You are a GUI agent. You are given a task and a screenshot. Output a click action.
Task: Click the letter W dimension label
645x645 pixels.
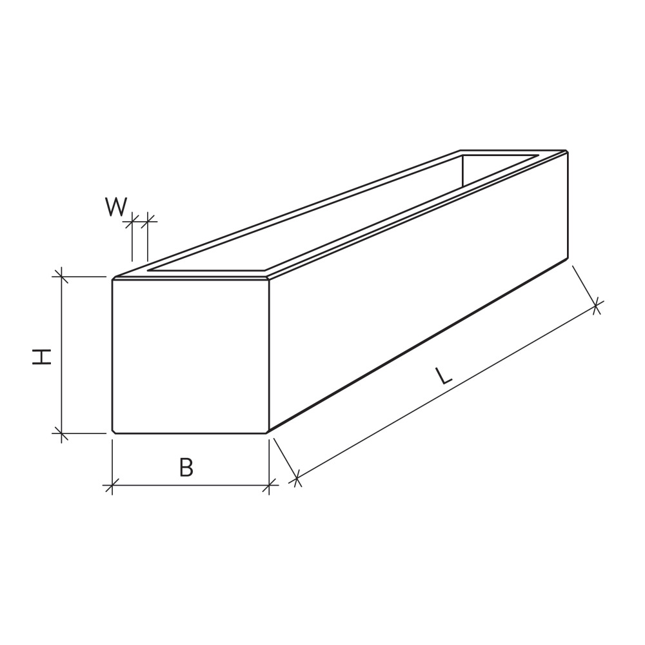click(x=116, y=207)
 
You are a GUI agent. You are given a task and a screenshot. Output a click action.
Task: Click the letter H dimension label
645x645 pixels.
click(x=42, y=356)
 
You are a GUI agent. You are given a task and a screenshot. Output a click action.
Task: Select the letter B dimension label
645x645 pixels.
click(x=186, y=467)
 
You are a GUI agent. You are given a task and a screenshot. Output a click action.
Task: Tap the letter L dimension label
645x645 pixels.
click(x=444, y=376)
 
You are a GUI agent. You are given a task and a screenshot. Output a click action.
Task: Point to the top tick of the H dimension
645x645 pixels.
click(x=61, y=277)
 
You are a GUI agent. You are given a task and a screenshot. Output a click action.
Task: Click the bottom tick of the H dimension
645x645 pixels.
click(x=61, y=433)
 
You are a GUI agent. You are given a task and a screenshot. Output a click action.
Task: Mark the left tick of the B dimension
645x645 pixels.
click(x=112, y=486)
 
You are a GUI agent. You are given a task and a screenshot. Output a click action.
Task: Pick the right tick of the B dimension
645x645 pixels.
click(x=269, y=486)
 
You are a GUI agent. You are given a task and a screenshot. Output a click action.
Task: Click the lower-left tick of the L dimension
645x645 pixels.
click(x=296, y=479)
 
